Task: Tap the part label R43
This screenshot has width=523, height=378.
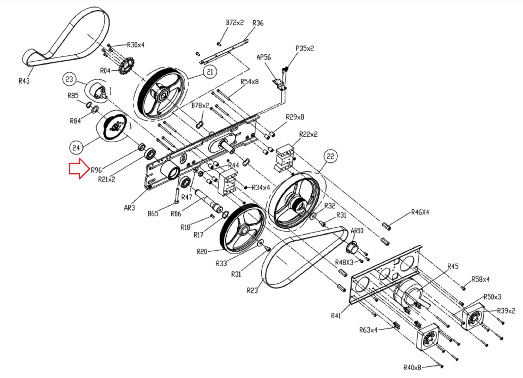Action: pyautogui.click(x=24, y=81)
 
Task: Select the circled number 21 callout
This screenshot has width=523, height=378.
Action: pyautogui.click(x=210, y=72)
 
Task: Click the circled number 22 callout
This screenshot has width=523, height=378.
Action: pyautogui.click(x=330, y=156)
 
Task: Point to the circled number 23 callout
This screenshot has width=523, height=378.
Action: pyautogui.click(x=69, y=79)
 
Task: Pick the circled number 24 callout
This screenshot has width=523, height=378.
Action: pyautogui.click(x=76, y=148)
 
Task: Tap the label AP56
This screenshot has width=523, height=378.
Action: pyautogui.click(x=264, y=57)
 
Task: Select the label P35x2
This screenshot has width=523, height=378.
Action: pyautogui.click(x=305, y=49)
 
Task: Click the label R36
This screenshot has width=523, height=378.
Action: pyautogui.click(x=258, y=23)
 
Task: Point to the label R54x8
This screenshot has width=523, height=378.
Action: pyautogui.click(x=249, y=82)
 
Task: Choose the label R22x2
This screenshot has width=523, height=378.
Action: pyautogui.click(x=308, y=134)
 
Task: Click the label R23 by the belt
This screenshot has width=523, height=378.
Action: pyautogui.click(x=252, y=290)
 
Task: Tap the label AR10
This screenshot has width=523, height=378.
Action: pyautogui.click(x=357, y=231)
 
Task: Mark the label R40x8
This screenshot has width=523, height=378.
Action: pyautogui.click(x=412, y=368)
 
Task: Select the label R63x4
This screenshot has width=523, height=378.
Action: pyautogui.click(x=368, y=330)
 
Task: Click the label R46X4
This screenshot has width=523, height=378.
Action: pyautogui.click(x=420, y=212)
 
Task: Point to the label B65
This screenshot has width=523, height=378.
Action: pyautogui.click(x=153, y=214)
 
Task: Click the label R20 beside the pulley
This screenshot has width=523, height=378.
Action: pyautogui.click(x=202, y=252)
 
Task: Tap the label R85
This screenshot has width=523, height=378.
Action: pyautogui.click(x=73, y=96)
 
